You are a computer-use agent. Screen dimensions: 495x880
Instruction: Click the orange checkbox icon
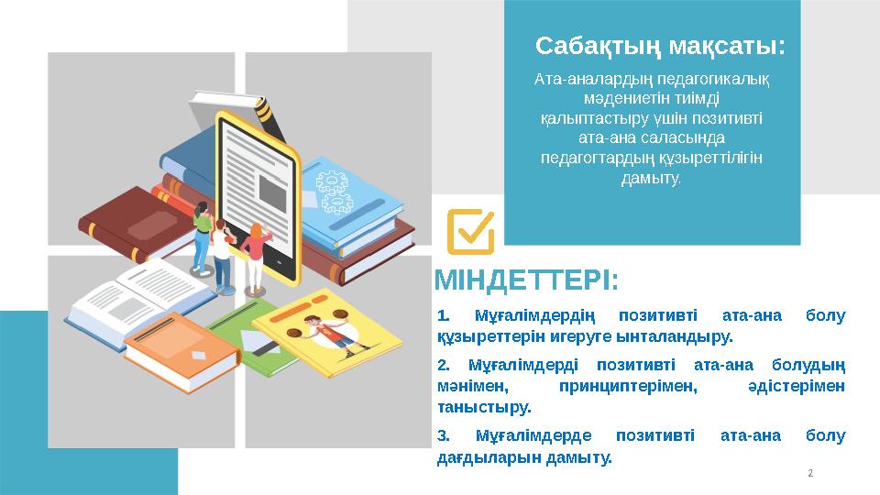[x=470, y=231]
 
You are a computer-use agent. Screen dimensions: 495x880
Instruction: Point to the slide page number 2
[x=810, y=473]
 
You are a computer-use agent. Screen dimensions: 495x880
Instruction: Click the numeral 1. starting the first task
[x=444, y=316]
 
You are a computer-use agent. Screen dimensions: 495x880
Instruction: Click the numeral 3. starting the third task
[x=444, y=435]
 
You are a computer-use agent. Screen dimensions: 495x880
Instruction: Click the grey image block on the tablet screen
[x=272, y=189]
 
